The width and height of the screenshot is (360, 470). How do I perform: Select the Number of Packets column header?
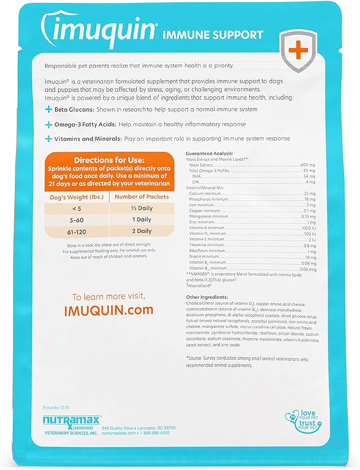pos(141,196)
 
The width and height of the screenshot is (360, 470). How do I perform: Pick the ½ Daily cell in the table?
pos(141,207)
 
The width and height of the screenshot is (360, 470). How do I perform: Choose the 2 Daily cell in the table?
pos(141,231)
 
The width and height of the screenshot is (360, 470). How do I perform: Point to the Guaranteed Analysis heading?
pos(208,153)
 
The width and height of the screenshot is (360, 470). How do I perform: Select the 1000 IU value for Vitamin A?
pos(308,227)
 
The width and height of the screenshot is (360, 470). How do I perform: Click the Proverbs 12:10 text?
pos(56,407)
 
